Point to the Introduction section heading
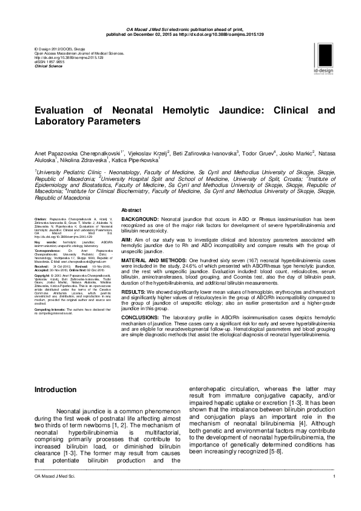55,389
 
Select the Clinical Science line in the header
49,66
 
